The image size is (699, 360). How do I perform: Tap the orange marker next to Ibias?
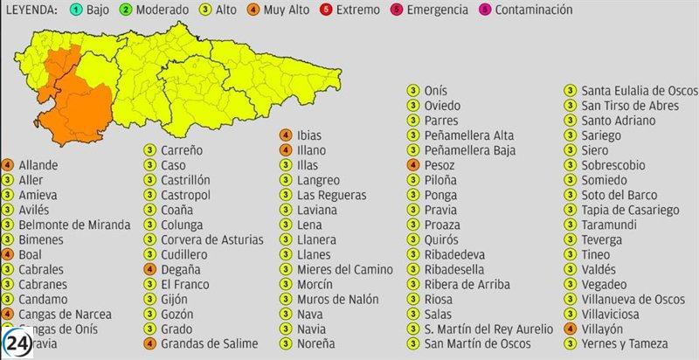pyautogui.click(x=285, y=135)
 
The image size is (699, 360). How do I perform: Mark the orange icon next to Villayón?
pyautogui.click(x=571, y=329)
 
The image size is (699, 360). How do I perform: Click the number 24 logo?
pyautogui.click(x=17, y=343)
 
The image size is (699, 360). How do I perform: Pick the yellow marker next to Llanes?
pyautogui.click(x=285, y=254)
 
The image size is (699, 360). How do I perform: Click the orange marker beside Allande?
pyautogui.click(x=7, y=165)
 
